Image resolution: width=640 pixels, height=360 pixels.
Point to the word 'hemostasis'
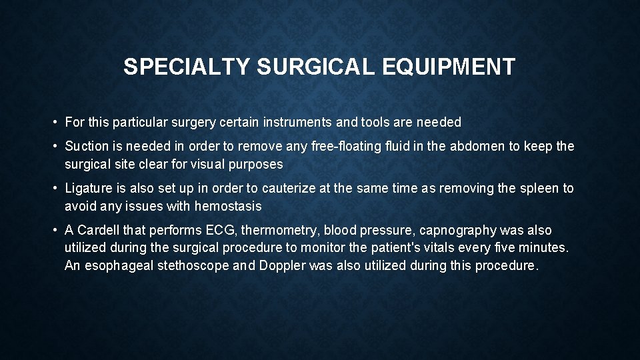[228, 206]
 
